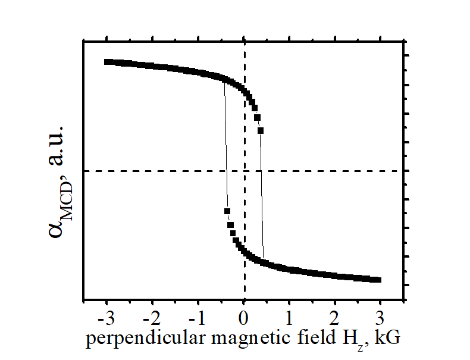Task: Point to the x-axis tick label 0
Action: point(244,315)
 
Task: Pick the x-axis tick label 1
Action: point(290,315)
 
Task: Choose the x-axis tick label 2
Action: point(336,315)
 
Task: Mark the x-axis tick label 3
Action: point(381,315)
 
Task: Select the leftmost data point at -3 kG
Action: point(107,62)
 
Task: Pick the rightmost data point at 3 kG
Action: point(378,280)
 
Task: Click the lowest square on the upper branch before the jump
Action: point(261,130)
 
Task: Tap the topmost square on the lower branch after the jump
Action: point(227,211)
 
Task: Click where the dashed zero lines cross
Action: point(245,171)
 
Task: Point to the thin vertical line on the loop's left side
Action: point(225,149)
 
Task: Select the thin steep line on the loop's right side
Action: point(262,196)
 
